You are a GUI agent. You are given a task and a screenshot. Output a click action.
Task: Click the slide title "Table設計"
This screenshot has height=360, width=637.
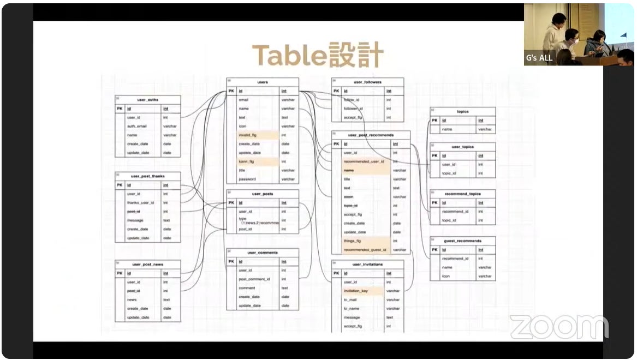click(318, 56)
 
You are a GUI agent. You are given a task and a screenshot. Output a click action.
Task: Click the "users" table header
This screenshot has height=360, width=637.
click(263, 82)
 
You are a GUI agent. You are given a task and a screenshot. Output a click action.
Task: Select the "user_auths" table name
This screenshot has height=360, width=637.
click(147, 100)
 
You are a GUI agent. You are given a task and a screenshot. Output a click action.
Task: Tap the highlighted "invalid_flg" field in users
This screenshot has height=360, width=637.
click(248, 135)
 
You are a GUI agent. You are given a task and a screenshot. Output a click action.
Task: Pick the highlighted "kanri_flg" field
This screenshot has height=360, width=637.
click(247, 161)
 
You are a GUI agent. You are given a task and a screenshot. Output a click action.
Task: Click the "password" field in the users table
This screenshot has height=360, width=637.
click(247, 179)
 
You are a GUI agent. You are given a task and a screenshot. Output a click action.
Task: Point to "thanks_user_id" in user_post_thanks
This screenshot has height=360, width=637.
click(140, 202)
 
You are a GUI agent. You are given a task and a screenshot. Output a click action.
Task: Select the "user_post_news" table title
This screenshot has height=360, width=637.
click(147, 265)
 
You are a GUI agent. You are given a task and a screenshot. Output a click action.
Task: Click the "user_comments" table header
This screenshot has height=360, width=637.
click(263, 253)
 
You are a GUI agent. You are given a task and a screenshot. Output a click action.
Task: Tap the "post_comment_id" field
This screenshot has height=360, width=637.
click(254, 279)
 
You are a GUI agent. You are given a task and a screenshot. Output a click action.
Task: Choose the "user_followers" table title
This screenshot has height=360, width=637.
click(367, 82)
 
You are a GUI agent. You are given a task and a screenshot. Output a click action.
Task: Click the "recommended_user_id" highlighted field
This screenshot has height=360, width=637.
click(364, 161)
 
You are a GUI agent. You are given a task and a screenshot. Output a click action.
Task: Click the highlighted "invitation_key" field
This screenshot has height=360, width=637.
click(356, 291)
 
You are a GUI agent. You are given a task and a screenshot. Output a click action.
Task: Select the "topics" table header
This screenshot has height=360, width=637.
click(462, 112)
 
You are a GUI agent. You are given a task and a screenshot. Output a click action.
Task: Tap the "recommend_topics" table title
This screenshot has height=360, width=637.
click(462, 194)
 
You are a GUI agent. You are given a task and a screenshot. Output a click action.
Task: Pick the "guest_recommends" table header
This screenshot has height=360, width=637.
click(462, 241)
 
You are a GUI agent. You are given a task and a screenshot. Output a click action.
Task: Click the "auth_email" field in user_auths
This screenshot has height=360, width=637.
click(137, 126)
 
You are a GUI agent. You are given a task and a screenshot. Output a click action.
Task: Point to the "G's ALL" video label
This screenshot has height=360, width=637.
click(539, 57)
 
